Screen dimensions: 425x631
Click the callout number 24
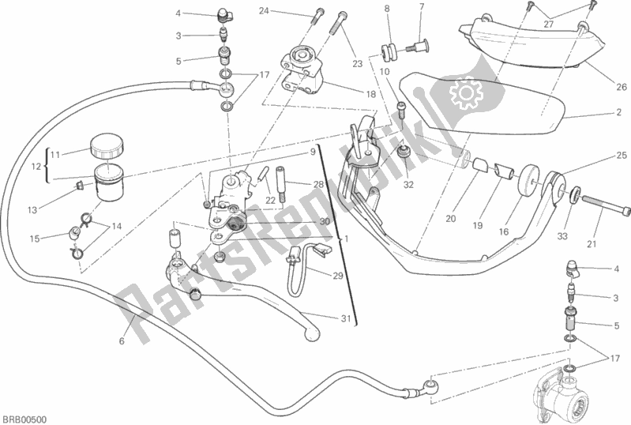(x=263, y=10)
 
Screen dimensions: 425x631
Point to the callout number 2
(x=611, y=115)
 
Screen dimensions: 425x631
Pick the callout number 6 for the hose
(x=122, y=341)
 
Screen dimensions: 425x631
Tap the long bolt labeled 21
(x=607, y=210)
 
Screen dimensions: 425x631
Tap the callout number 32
(x=408, y=186)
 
